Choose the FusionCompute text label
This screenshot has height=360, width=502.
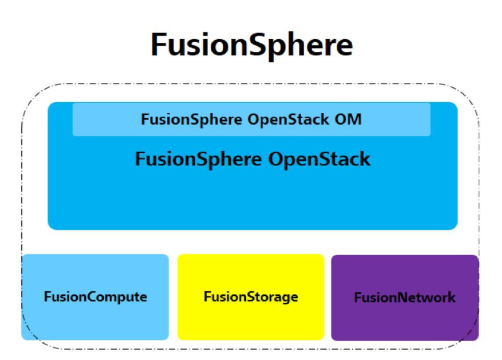point(95,297)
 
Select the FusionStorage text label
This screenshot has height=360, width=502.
point(250,297)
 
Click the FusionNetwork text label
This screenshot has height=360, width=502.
point(405,298)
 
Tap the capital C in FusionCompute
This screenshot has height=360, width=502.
point(80,297)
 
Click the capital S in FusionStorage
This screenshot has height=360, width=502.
point(237,297)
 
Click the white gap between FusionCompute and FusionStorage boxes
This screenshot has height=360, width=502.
point(173,297)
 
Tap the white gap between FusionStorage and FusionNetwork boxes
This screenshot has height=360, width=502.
point(328,297)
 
